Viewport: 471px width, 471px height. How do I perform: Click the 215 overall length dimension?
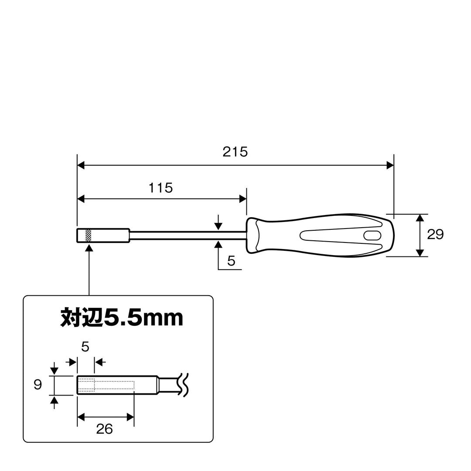pyautogui.click(x=235, y=152)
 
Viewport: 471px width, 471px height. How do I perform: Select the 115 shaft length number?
pyautogui.click(x=160, y=188)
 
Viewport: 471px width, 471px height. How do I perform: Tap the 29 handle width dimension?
pyautogui.click(x=435, y=234)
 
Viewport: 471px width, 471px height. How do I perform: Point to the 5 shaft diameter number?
pyautogui.click(x=231, y=261)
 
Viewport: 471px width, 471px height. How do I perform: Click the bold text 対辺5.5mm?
pyautogui.click(x=122, y=317)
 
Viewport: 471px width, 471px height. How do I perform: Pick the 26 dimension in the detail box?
pyautogui.click(x=105, y=429)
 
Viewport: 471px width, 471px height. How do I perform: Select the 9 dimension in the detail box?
pyautogui.click(x=38, y=385)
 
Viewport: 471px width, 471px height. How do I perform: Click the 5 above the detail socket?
pyautogui.click(x=85, y=347)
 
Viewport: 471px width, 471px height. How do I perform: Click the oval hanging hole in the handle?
pyautogui.click(x=372, y=235)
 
